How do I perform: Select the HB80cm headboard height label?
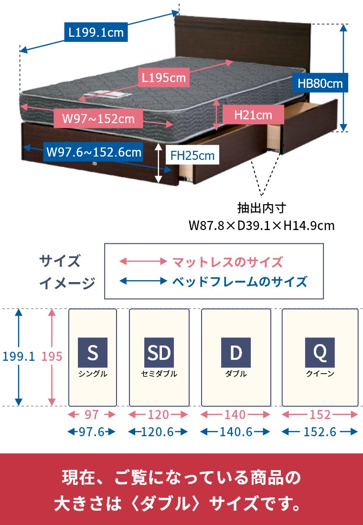320,84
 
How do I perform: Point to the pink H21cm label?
253,115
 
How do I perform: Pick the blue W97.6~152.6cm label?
94,152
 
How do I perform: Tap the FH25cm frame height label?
192,156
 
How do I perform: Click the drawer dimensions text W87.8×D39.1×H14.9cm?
261,225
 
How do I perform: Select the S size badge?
93,353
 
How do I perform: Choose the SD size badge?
159,353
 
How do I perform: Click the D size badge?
236,353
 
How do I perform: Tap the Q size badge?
320,353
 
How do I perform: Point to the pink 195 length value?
52,356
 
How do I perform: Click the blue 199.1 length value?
19,356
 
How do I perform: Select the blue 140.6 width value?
235,432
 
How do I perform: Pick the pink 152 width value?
320,414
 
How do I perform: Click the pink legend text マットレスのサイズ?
227,262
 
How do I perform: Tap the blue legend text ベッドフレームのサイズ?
239,281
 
